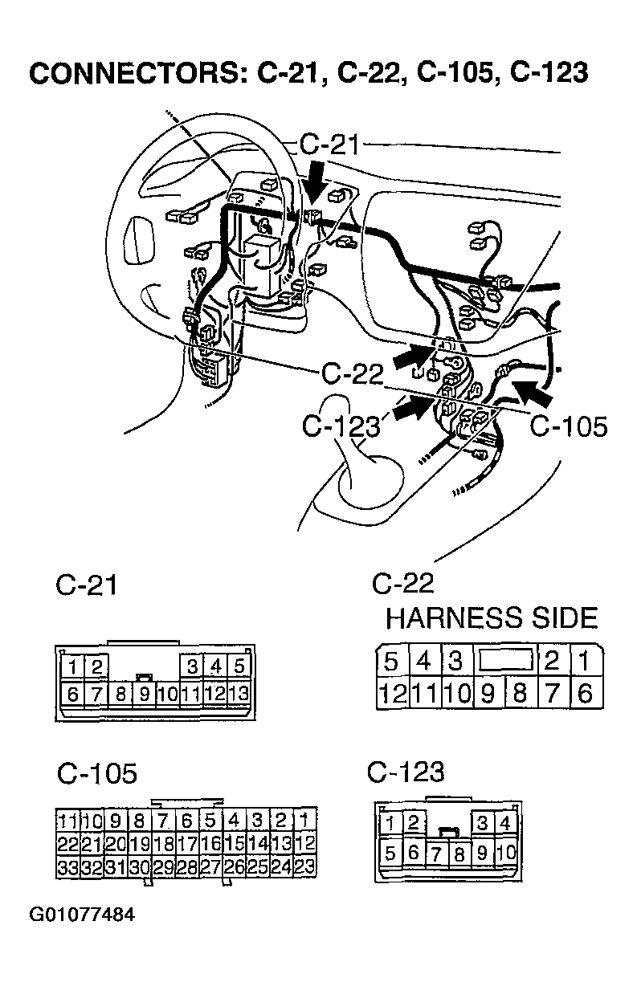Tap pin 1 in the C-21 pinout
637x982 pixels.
point(73,666)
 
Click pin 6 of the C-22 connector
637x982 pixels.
point(586,692)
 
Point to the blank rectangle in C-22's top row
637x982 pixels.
point(506,662)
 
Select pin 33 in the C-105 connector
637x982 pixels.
point(67,867)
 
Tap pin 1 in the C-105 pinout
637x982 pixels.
point(304,821)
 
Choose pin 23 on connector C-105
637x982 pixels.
point(304,867)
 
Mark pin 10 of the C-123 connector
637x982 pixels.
point(506,851)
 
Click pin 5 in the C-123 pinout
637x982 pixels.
point(390,851)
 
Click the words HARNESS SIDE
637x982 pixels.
point(492,618)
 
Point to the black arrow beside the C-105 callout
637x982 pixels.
point(533,392)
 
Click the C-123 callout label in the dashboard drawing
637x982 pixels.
point(340,426)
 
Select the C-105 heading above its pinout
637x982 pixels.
point(97,773)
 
